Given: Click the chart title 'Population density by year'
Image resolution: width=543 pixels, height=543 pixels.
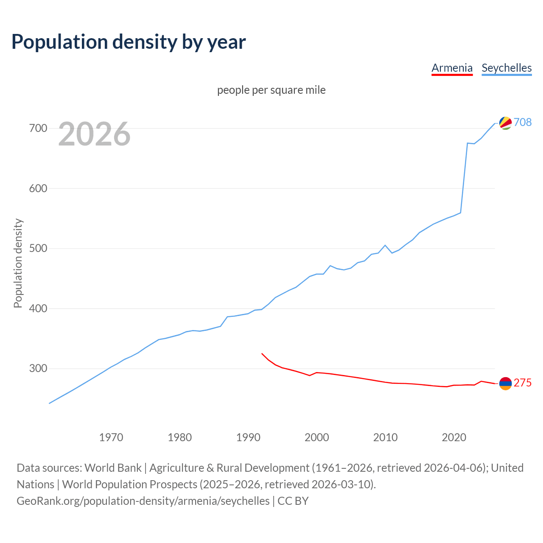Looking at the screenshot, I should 129,42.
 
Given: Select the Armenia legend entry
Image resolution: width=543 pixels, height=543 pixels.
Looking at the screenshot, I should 452,68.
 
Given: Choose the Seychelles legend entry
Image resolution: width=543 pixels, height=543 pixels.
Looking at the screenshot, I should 507,68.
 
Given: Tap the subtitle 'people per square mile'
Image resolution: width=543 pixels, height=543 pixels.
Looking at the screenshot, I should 271,90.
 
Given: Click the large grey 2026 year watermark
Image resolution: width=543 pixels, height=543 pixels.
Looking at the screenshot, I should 94,134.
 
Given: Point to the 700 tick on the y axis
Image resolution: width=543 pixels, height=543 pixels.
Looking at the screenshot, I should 38,128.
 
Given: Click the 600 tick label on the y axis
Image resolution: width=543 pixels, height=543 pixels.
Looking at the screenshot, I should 38,188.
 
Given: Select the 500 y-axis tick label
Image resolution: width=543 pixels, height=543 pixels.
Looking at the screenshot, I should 38,248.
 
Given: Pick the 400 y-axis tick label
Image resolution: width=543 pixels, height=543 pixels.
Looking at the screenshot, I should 38,308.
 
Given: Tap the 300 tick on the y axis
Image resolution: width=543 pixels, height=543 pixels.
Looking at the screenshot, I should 38,368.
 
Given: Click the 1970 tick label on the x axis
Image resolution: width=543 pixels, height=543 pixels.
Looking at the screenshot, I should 111,437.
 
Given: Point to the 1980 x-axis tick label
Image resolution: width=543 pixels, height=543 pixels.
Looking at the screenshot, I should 180,437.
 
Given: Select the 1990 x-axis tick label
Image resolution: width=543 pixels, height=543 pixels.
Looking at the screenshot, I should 248,437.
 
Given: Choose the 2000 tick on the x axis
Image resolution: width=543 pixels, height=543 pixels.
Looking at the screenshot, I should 317,437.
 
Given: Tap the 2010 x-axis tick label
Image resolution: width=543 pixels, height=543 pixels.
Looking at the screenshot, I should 385,437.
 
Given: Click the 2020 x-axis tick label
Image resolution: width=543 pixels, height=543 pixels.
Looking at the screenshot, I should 454,437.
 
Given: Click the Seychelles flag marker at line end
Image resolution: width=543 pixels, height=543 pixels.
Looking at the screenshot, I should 505,123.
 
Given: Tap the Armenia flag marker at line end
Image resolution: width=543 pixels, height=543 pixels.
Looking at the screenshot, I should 505,383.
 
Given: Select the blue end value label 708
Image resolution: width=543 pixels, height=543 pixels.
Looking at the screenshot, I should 523,122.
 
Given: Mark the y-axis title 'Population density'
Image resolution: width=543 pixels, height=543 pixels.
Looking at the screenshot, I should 18,263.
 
